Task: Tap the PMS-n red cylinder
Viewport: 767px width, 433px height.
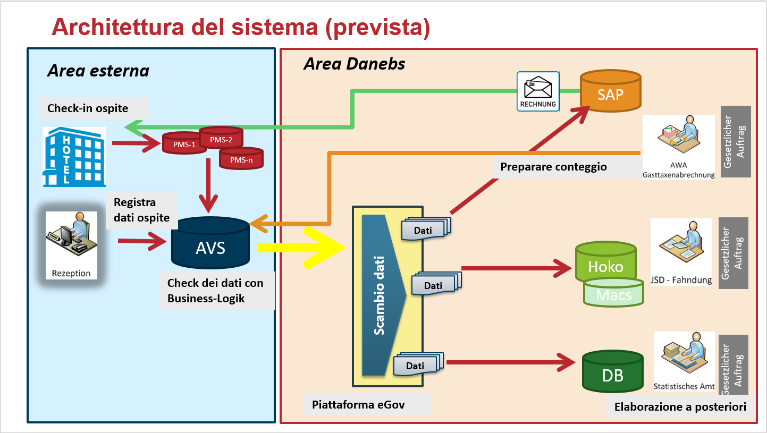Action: [242, 158]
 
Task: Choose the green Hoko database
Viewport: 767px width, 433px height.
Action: [605, 264]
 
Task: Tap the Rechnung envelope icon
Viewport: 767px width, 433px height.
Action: [538, 91]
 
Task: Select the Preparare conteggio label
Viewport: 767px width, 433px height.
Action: [553, 167]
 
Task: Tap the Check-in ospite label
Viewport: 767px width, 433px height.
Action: [88, 108]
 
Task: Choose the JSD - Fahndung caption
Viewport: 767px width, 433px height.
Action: [681, 280]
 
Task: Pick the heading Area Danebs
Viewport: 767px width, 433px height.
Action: [354, 64]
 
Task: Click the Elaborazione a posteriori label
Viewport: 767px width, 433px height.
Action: [680, 407]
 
